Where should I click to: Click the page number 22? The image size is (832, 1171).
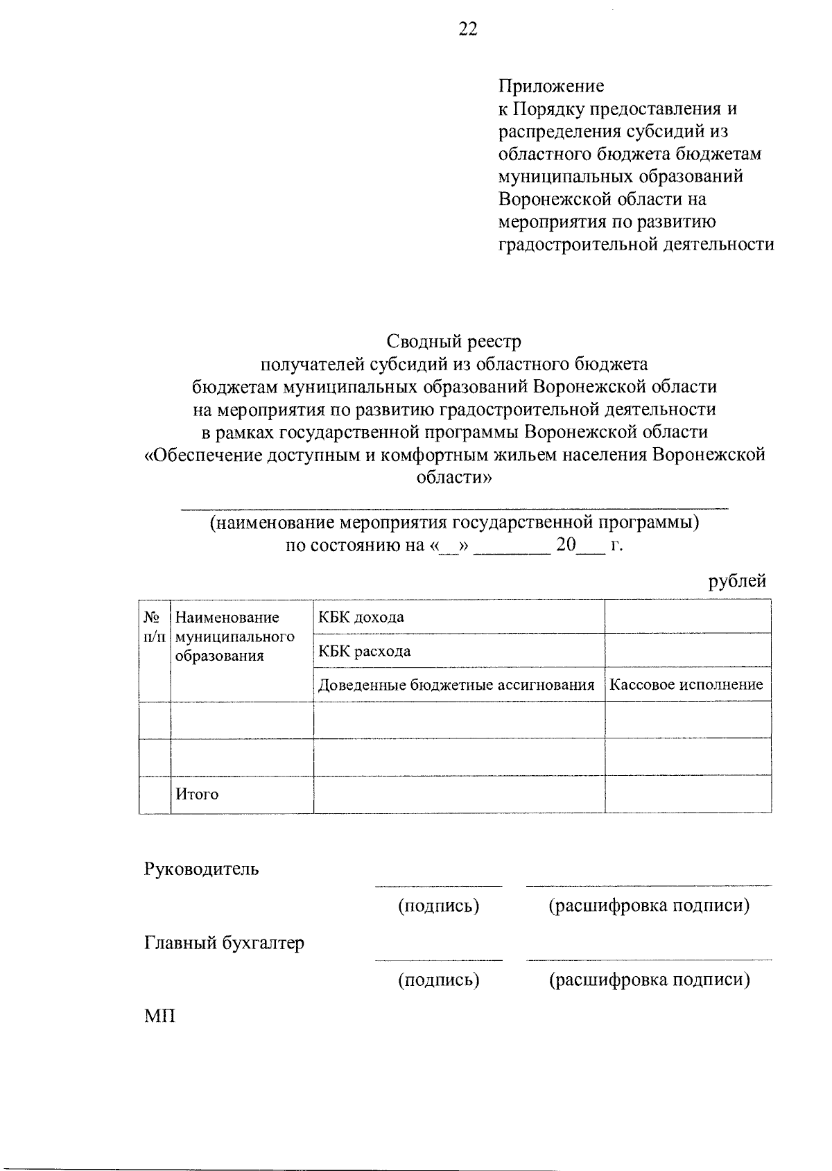coord(468,29)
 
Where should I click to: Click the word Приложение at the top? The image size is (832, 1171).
coord(551,86)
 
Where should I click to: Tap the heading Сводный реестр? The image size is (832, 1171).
coord(453,341)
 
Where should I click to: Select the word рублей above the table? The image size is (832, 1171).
coord(737,581)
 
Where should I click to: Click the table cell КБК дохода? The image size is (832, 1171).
coord(361,617)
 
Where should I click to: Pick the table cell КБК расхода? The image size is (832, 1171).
coord(364,651)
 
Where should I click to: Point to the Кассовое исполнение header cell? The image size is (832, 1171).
coord(686,685)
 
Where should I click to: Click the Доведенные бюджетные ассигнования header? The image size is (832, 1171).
coord(456,685)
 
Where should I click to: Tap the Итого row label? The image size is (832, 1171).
coord(196,795)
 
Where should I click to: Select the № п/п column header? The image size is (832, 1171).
coord(154,627)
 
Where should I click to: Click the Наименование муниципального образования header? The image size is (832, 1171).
coord(234,636)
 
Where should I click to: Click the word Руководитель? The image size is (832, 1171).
coord(201,869)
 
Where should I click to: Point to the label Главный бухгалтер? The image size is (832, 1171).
coord(224,943)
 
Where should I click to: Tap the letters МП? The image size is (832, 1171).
coord(159,1017)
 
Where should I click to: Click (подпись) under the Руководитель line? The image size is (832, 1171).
coord(438,905)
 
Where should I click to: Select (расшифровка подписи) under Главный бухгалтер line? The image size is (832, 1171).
coord(649,980)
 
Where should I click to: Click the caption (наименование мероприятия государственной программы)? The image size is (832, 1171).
coord(454,522)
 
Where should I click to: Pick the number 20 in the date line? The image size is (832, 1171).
coord(566,545)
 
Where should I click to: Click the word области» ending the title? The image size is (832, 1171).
coord(453,478)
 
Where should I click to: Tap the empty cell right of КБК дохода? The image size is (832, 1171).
coord(687,617)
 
